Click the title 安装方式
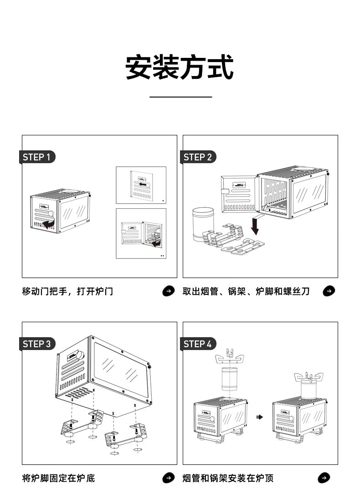180,67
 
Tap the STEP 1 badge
37,157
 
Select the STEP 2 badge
198,157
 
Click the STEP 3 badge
37,344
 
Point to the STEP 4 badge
198,344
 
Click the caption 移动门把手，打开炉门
67,291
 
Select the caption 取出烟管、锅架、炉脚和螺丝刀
246,291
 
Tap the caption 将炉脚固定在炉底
58,478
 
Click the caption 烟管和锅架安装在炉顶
228,478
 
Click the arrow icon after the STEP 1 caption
169,291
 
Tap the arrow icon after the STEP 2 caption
329,291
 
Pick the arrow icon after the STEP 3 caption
169,478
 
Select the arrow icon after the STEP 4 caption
324,478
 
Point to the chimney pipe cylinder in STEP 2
203,224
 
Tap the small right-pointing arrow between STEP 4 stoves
260,417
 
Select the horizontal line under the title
181,97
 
